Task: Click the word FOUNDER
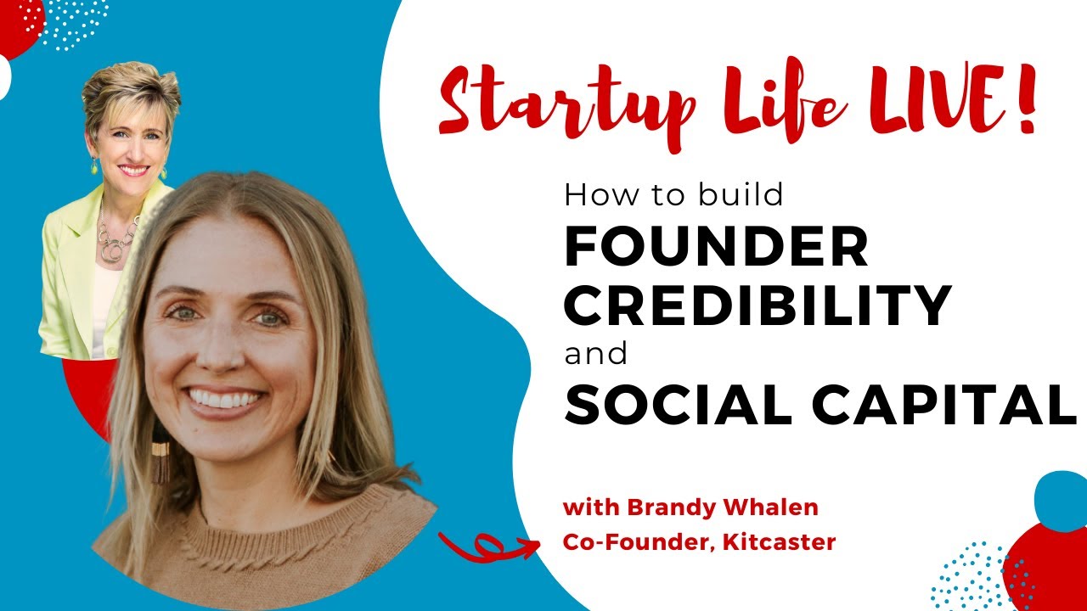click(x=717, y=249)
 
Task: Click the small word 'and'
click(x=595, y=353)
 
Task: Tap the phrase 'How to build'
click(x=673, y=196)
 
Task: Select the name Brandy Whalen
click(x=722, y=508)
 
